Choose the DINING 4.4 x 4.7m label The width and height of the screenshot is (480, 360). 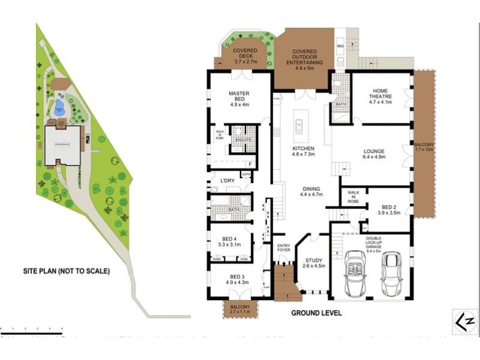coord(311,191)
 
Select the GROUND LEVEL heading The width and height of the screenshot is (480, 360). coord(316,313)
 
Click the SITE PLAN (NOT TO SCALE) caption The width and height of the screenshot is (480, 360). coord(67,271)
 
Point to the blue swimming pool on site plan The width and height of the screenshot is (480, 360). coord(59,109)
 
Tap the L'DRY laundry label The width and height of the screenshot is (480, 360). coord(227,181)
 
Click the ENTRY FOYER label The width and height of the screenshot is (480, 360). coord(283,248)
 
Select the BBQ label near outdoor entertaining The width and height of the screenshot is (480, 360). coord(340,46)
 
